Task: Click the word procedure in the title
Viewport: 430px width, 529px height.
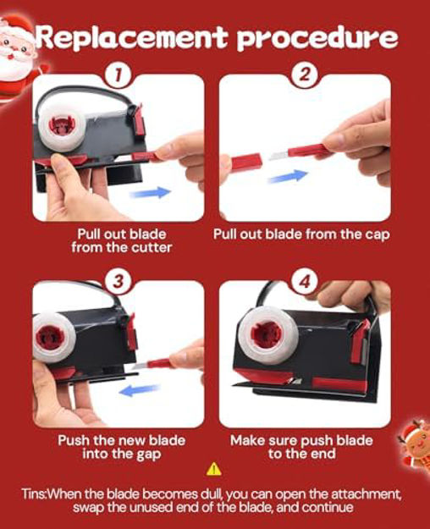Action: coord(317,39)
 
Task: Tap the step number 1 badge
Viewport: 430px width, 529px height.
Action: coord(118,74)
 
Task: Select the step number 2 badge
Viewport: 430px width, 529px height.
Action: coord(305,74)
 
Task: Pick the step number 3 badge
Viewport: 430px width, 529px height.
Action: coord(118,281)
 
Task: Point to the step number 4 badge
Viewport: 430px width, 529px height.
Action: coord(305,281)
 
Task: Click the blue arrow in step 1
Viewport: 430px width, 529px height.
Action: coord(151,193)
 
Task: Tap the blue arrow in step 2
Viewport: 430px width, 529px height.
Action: coord(288,176)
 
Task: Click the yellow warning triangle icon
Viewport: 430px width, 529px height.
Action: coord(213,469)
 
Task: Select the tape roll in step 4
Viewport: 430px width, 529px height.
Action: coord(267,336)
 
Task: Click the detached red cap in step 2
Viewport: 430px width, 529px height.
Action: coord(246,162)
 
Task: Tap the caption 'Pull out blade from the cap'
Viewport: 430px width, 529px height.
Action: coord(301,234)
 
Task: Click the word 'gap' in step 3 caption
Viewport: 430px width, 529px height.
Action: coord(148,455)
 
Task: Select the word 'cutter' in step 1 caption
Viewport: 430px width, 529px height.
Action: coord(152,248)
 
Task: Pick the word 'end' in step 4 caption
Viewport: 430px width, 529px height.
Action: coord(323,454)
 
